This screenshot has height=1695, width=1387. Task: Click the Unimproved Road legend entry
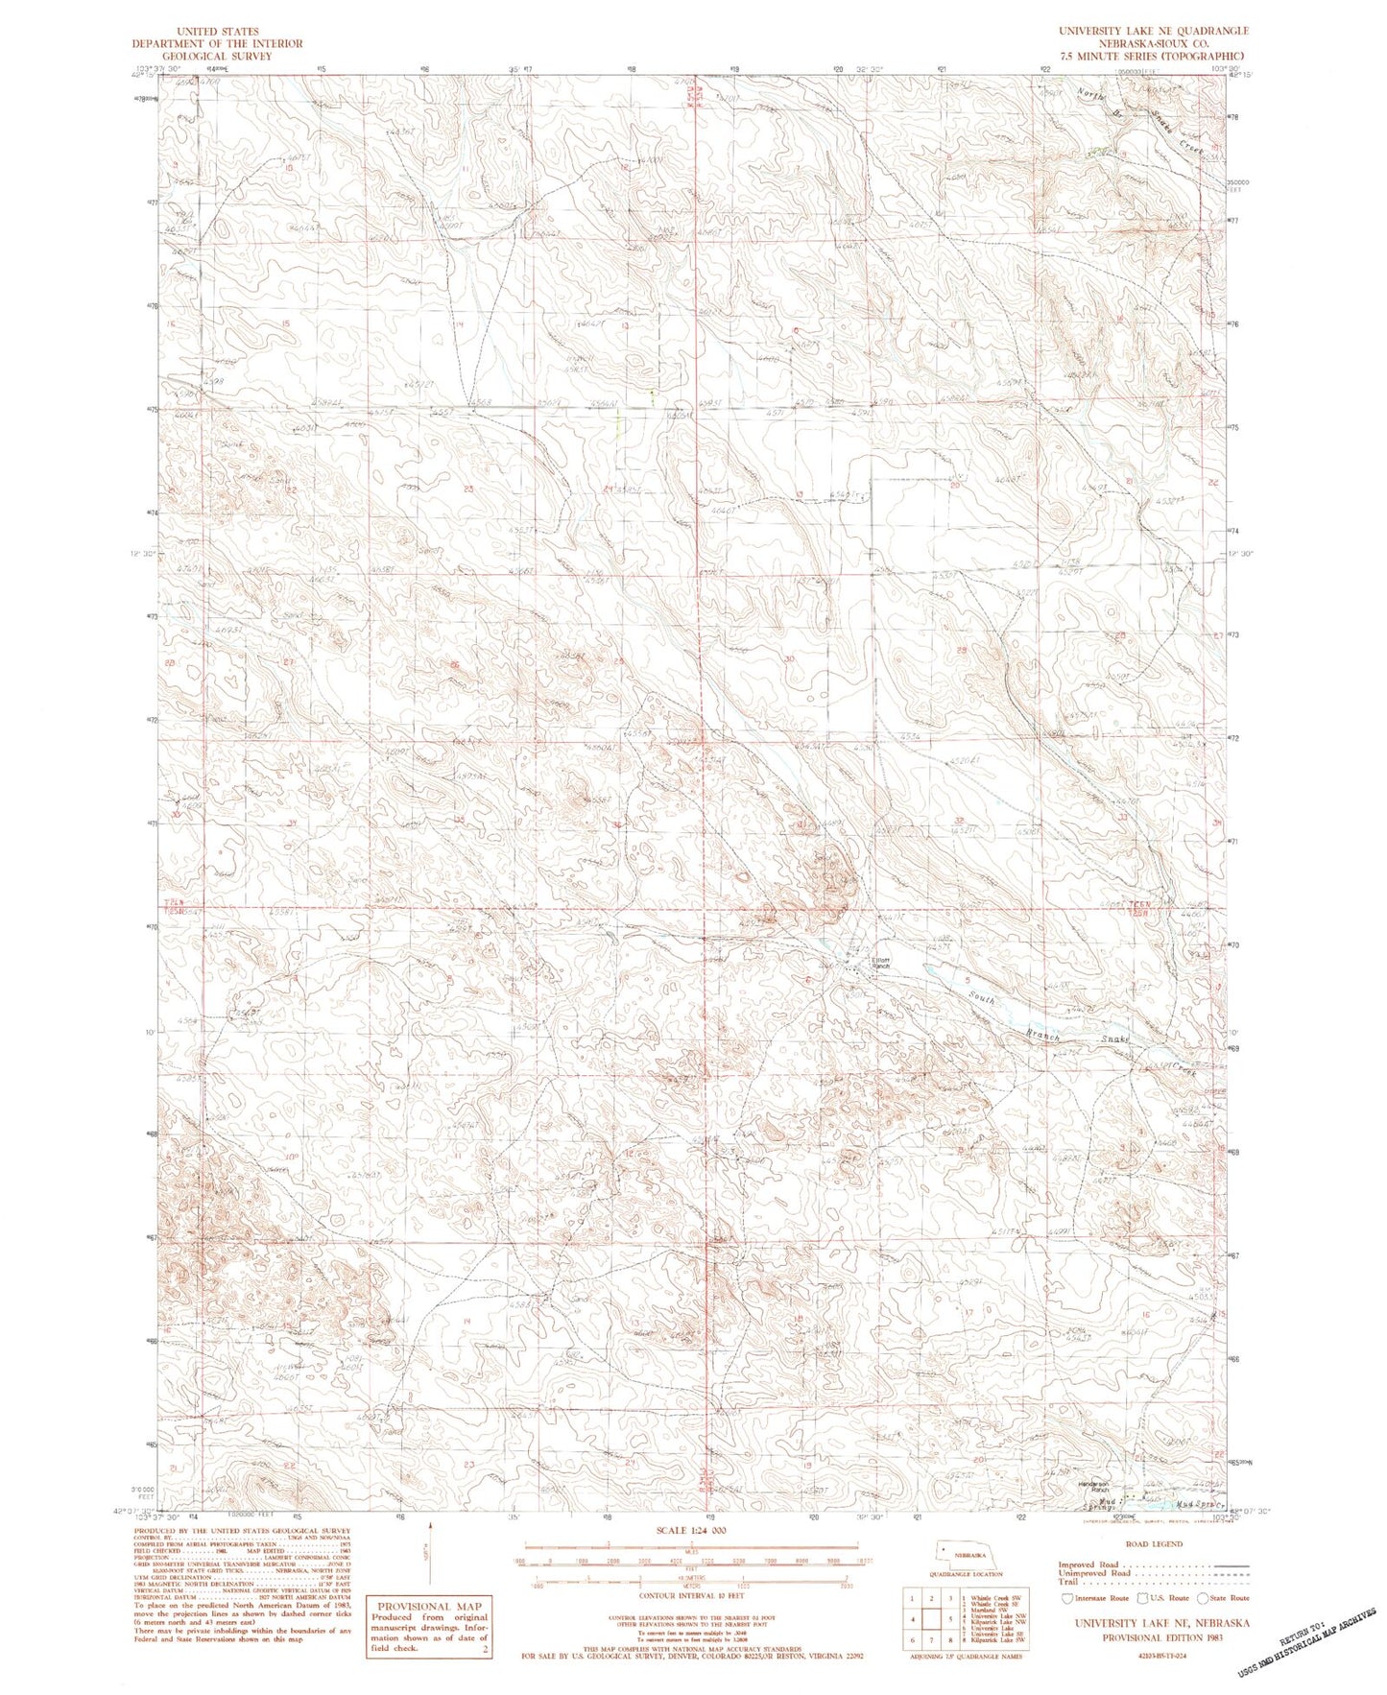click(1094, 1575)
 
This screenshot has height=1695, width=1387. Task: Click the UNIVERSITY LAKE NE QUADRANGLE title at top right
click(1153, 31)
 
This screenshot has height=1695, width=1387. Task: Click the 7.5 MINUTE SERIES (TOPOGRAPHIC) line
click(1153, 56)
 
